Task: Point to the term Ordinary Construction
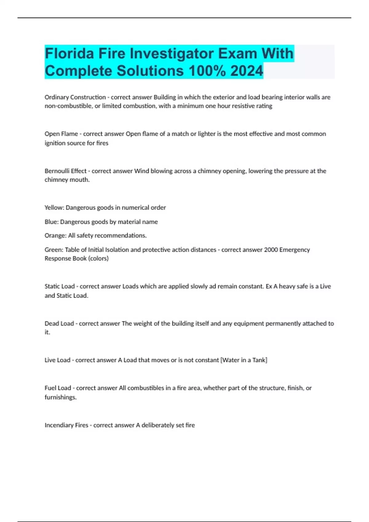point(75,97)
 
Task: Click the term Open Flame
point(61,134)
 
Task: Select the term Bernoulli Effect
point(65,171)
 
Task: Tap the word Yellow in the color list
point(54,208)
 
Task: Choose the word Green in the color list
point(54,250)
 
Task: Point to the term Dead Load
point(59,323)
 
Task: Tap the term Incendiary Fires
point(66,425)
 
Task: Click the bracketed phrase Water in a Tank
point(244,360)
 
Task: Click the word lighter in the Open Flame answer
point(206,134)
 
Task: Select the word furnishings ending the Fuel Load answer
point(60,397)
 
